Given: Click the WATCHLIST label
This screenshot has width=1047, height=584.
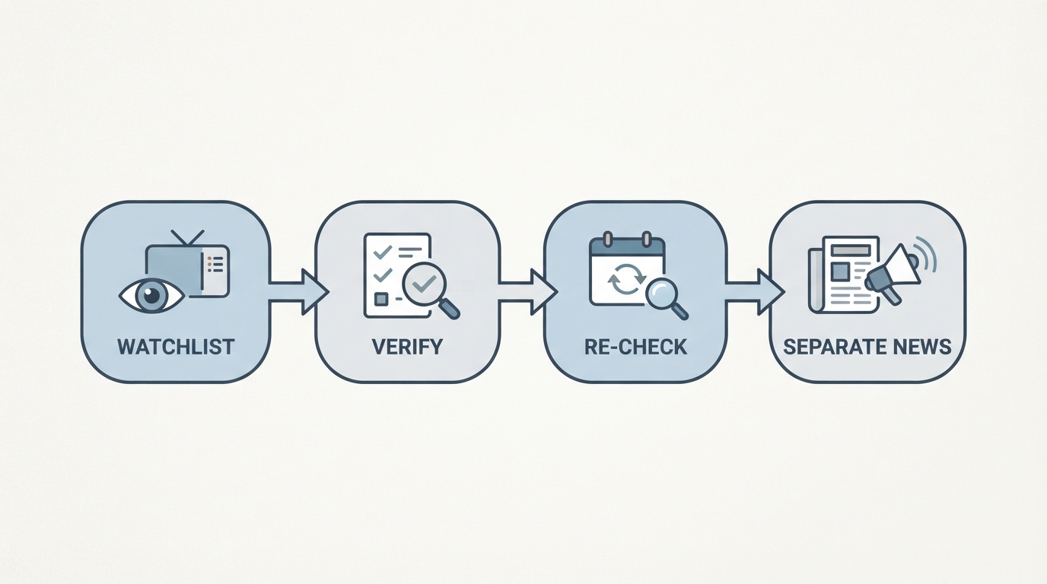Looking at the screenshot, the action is point(176,347).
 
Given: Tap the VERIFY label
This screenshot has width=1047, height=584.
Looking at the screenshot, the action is point(407,347).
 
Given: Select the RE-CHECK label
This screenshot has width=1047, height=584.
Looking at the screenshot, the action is point(635,347).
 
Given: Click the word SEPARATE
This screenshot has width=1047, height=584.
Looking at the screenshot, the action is point(827,347).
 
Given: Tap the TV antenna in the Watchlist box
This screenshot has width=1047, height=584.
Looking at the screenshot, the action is point(187,237).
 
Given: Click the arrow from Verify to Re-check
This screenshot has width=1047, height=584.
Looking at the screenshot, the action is point(528,292).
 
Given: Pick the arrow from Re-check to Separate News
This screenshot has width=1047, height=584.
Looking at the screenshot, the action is point(754,292).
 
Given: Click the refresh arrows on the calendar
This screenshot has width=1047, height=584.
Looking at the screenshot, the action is point(626,279).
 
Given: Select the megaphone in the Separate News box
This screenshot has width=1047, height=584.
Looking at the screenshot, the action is point(892,275).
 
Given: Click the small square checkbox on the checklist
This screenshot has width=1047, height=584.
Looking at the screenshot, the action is point(381,299).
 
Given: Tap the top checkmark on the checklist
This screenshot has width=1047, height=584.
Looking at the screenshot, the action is point(382,252).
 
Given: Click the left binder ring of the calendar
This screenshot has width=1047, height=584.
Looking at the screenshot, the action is point(607,240).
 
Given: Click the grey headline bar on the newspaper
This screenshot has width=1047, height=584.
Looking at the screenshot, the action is point(851,250).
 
